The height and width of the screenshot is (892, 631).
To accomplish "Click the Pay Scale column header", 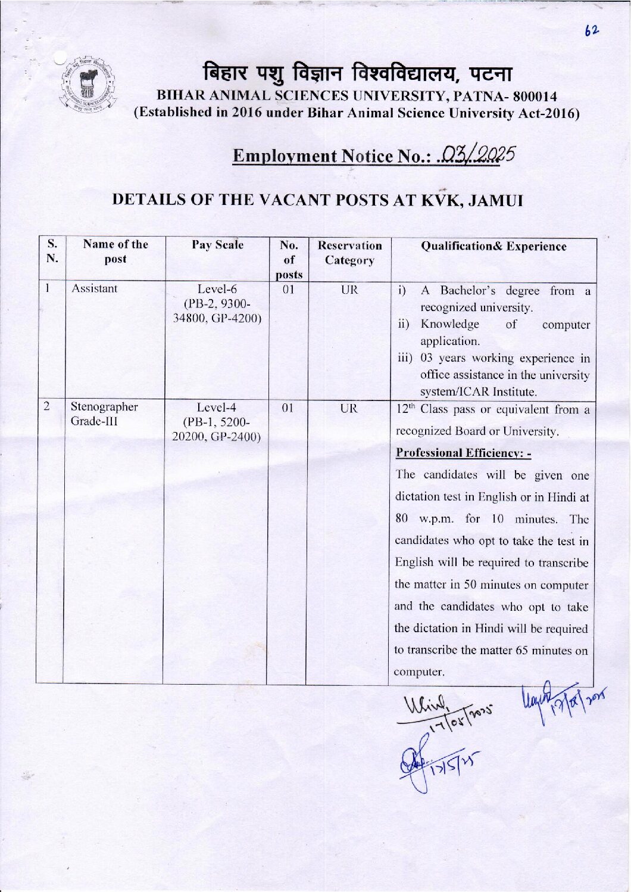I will point(217,245).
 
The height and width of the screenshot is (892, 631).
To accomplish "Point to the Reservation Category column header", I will point(349,253).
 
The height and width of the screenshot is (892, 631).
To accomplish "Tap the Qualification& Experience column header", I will point(493,246).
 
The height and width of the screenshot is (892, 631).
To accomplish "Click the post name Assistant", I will point(94,288).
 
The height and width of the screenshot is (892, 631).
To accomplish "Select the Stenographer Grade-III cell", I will point(104,414).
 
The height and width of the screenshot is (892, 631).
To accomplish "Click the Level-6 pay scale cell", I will point(217,304).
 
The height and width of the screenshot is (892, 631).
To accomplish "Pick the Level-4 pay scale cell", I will point(217,422).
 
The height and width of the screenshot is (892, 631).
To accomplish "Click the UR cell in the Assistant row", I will point(349,290).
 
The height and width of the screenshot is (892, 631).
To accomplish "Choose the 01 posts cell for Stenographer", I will point(288,409).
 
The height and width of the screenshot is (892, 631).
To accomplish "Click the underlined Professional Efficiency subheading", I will point(463,453).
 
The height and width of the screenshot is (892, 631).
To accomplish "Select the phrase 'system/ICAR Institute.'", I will point(479,392).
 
